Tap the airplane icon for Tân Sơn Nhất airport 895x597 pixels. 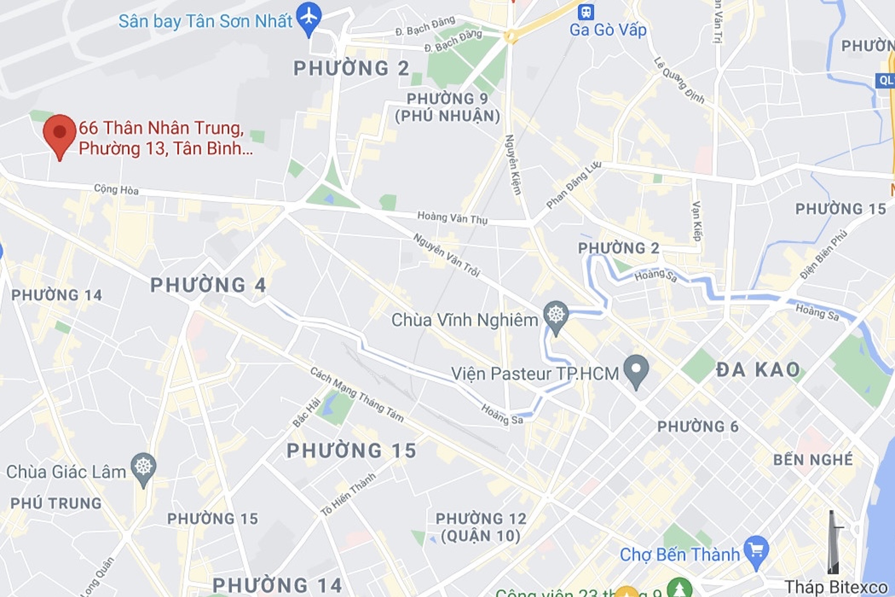pos(309,17)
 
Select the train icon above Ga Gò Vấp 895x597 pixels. pos(586,12)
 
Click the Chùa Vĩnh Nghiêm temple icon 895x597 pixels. pos(556,315)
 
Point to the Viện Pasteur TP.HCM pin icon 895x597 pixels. pos(636,369)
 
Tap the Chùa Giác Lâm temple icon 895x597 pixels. pos(143,467)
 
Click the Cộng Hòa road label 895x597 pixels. pos(116,189)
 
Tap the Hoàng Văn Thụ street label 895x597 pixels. pos(452,218)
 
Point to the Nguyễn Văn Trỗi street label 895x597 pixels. pos(447,255)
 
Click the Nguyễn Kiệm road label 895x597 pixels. pos(513,164)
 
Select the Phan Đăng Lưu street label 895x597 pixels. pos(573,185)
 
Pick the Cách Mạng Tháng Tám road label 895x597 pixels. pos(357,395)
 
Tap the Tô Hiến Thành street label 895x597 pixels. pos(348,494)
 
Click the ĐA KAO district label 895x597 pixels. pos(758,370)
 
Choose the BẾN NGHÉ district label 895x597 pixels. pos(813,460)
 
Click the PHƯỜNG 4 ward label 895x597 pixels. pos(208,285)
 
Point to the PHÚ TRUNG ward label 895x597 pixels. pos(56,503)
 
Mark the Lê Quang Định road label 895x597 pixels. pos(679,80)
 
